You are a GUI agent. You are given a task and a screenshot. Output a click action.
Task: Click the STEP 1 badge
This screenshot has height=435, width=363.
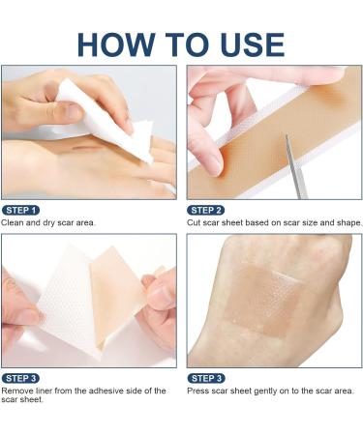pyautogui.click(x=20, y=210)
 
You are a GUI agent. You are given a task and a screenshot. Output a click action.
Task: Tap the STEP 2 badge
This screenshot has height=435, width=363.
pyautogui.click(x=206, y=210)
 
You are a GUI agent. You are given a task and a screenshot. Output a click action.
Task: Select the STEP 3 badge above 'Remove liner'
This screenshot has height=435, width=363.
pyautogui.click(x=20, y=378)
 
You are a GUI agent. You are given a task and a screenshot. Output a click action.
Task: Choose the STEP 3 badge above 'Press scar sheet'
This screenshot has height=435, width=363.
pyautogui.click(x=206, y=378)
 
